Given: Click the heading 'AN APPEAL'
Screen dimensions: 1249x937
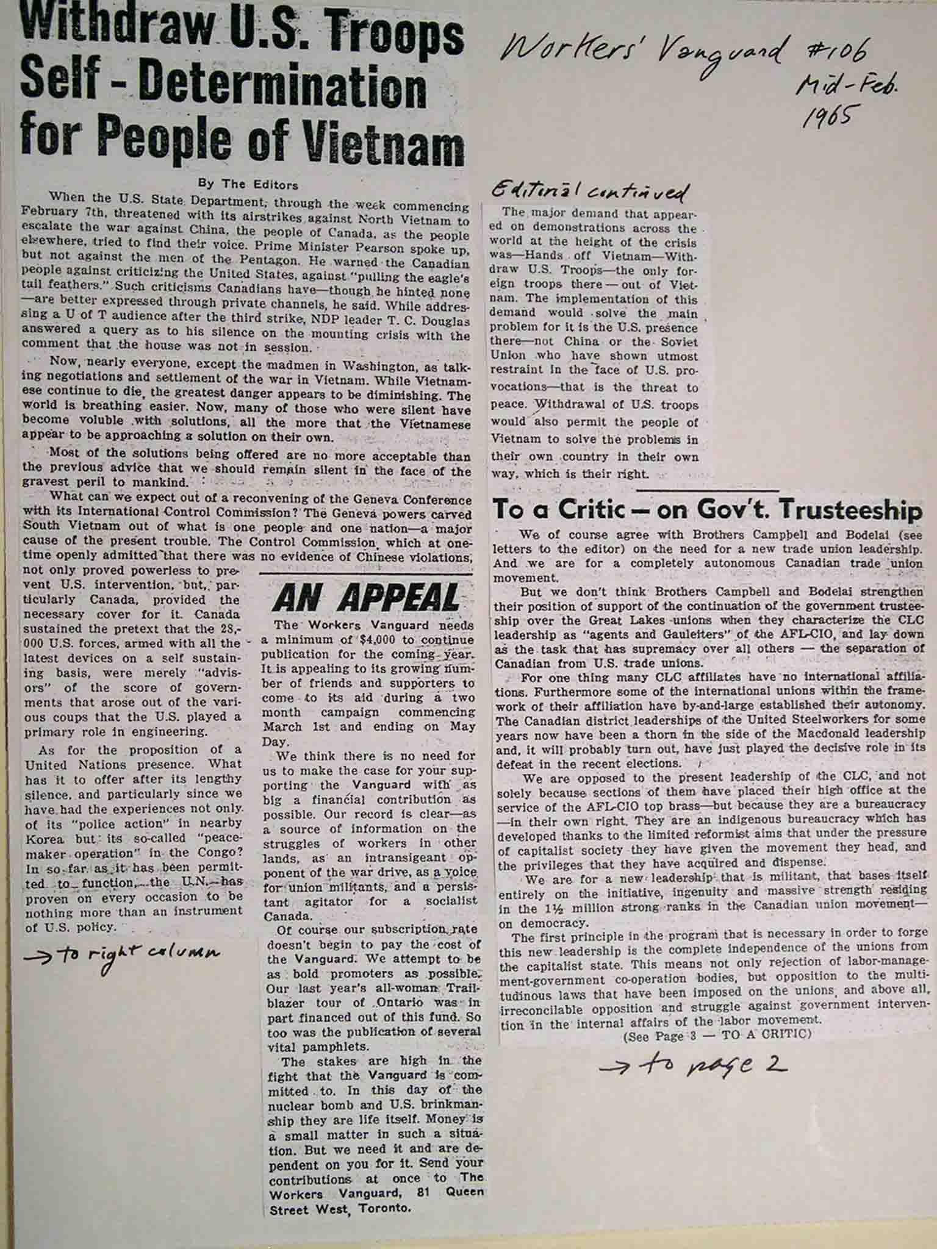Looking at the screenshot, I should (366, 598).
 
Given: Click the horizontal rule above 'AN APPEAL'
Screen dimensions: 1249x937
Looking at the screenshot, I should (366, 574).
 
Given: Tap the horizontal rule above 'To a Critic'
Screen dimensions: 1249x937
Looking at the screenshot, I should (708, 490).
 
